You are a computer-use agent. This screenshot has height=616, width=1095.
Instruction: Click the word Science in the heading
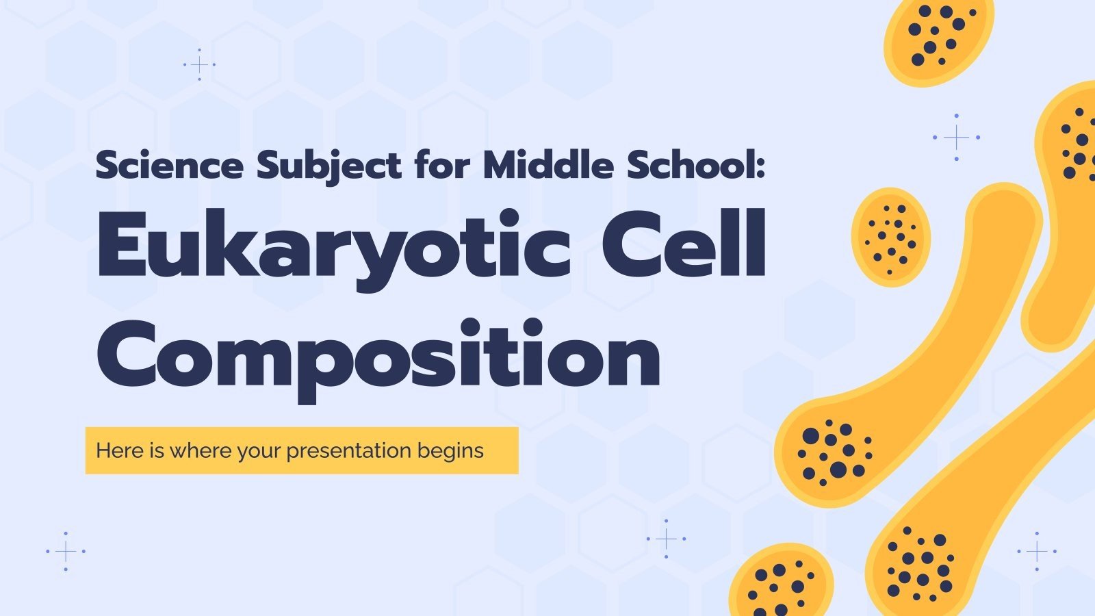click(x=169, y=166)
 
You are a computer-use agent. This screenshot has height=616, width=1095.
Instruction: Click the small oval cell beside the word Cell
click(x=891, y=236)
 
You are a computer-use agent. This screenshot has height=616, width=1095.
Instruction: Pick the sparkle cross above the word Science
click(x=199, y=65)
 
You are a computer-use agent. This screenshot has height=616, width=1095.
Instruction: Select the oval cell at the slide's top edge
click(x=938, y=38)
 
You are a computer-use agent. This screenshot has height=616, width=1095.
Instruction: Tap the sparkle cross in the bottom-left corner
click(x=66, y=551)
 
